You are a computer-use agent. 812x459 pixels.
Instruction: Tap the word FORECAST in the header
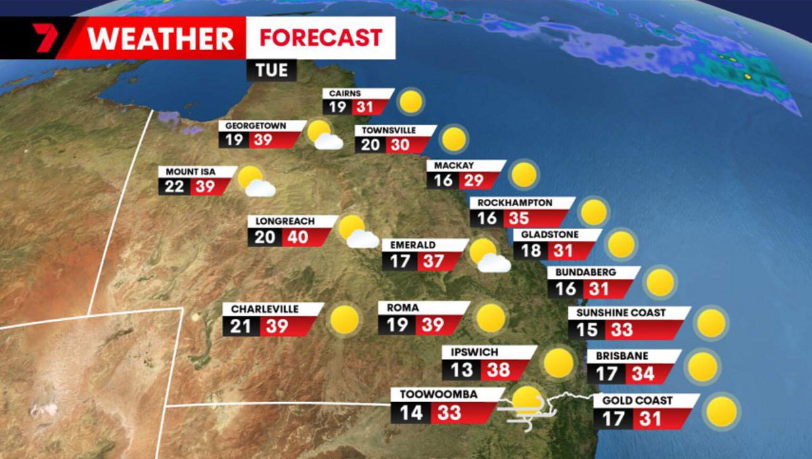[321, 37]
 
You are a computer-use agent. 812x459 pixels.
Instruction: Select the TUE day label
[271, 70]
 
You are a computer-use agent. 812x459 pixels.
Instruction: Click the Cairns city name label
[345, 93]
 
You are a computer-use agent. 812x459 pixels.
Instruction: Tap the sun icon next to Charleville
[344, 319]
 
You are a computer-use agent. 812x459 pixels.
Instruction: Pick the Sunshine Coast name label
[621, 313]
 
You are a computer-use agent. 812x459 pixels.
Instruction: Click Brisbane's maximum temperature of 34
[639, 373]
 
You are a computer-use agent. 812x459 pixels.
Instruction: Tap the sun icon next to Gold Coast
[722, 412]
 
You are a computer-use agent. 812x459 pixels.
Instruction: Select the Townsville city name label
[388, 130]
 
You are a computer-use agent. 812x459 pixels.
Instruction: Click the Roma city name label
[403, 307]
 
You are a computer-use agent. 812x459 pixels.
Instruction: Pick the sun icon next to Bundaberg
[660, 282]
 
